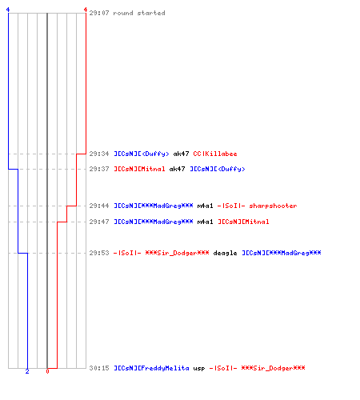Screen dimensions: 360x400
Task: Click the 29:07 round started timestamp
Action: point(99,13)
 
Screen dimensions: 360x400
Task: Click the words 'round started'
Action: point(139,13)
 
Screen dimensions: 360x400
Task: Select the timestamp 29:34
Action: point(99,154)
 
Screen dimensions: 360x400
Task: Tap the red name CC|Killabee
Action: point(215,154)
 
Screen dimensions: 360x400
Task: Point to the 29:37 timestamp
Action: point(99,169)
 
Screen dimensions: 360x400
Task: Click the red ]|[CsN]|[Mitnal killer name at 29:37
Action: point(139,169)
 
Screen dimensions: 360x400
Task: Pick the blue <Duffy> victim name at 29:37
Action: point(218,169)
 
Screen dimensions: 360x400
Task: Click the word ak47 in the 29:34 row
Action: point(181,154)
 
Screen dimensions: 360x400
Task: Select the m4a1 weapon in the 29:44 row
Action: point(205,206)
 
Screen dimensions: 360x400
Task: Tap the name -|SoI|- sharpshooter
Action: point(257,206)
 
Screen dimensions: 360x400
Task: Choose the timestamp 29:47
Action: point(99,222)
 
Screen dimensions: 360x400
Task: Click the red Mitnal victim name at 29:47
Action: point(243,222)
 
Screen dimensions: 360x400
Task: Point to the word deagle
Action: point(225,253)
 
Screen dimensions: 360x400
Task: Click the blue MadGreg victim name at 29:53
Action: point(282,253)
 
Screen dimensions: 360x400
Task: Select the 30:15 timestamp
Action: point(99,368)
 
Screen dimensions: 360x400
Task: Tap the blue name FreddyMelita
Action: point(151,368)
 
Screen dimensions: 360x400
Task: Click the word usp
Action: point(199,369)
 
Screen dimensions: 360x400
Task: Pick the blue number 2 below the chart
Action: point(27,371)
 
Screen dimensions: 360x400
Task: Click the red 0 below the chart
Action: point(47,371)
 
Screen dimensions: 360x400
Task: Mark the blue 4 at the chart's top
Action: point(8,10)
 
